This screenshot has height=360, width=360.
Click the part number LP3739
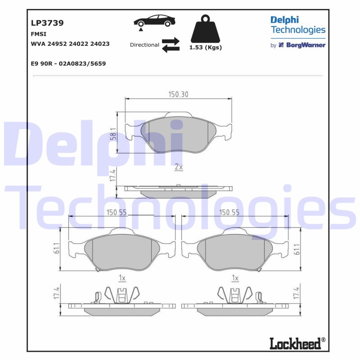tap(47, 23)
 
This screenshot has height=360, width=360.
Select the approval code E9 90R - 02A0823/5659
tap(68, 63)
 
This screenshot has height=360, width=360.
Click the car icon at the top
tap(154, 21)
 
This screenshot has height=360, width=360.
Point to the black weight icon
tap(205, 29)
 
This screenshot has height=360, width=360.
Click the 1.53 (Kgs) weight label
tap(206, 48)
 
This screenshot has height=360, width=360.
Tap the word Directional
tap(144, 45)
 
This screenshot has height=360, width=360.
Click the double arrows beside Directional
tap(171, 45)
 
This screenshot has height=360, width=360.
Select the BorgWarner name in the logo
tap(306, 45)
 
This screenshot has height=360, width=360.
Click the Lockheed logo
tap(297, 343)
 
